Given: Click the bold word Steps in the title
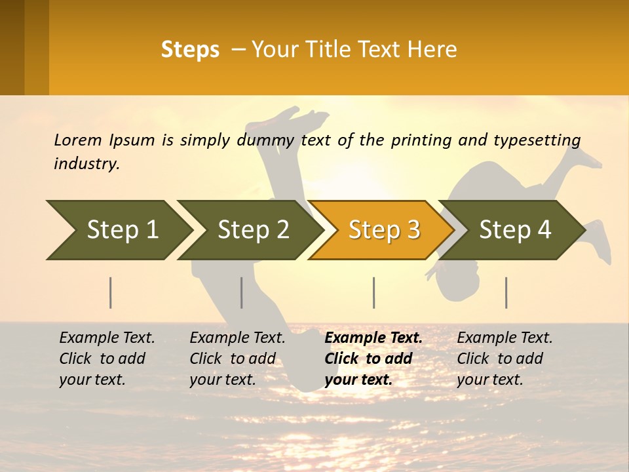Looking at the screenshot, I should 190,49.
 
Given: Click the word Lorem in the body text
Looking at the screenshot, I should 78,140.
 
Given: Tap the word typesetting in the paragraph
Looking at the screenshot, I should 537,140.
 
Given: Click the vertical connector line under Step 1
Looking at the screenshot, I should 111,292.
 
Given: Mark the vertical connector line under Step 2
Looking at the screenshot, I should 242,292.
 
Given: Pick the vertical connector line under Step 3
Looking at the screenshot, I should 373,292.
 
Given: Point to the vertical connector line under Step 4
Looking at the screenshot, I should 506,292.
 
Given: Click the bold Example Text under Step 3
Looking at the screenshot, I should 373,338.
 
